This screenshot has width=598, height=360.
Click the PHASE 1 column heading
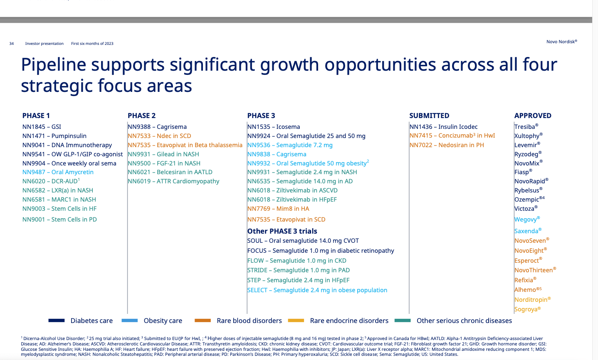(36, 116)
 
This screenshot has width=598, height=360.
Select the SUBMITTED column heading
(429, 116)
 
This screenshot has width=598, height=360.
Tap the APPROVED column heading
(533, 116)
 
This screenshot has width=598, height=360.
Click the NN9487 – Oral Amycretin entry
(58, 172)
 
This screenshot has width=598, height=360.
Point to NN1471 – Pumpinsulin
(54, 136)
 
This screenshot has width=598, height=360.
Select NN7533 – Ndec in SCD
(159, 136)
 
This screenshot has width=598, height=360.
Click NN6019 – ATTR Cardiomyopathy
(173, 181)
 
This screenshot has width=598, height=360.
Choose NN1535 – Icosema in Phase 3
(274, 127)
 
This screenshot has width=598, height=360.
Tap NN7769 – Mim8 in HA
(278, 209)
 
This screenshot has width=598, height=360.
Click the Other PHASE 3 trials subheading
(282, 231)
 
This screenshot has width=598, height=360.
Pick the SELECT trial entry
(317, 290)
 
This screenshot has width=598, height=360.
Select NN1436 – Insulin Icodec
(443, 127)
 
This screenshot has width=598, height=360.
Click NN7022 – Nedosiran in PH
(447, 145)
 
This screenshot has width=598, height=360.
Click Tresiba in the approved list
(526, 127)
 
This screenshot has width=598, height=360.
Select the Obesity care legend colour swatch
(129, 321)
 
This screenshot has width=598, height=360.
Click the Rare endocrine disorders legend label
(349, 321)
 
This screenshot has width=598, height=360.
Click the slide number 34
(12, 44)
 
